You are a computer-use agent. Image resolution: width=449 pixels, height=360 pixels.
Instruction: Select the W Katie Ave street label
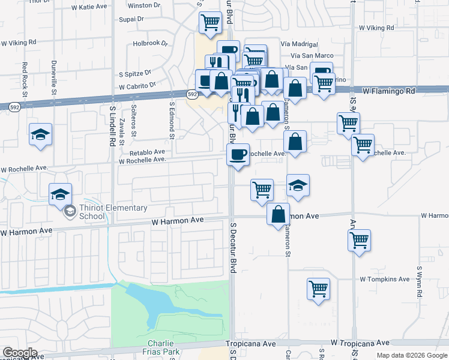pyautogui.click(x=89, y=7)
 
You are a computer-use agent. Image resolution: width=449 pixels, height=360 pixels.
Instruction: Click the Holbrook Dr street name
pyautogui.click(x=148, y=43)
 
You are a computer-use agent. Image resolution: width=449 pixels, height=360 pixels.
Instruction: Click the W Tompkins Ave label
pyautogui.click(x=385, y=279)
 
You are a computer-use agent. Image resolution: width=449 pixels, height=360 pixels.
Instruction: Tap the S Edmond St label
pyautogui.click(x=171, y=120)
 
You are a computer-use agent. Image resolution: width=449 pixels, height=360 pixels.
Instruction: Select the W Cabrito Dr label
pyautogui.click(x=137, y=86)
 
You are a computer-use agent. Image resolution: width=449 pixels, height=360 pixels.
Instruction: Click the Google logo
pyautogui.click(x=20, y=352)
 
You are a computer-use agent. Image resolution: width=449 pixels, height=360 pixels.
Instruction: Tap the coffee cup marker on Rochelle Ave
pyautogui.click(x=238, y=155)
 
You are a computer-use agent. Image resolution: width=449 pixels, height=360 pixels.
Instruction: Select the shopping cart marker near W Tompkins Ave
pyautogui.click(x=318, y=289)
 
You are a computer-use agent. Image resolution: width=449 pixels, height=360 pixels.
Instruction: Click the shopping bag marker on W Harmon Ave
pyautogui.click(x=278, y=214)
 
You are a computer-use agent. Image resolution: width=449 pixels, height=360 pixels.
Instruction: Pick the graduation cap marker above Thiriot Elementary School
pyautogui.click(x=60, y=194)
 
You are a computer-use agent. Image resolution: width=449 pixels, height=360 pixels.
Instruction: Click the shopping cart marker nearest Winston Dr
pyautogui.click(x=211, y=23)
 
